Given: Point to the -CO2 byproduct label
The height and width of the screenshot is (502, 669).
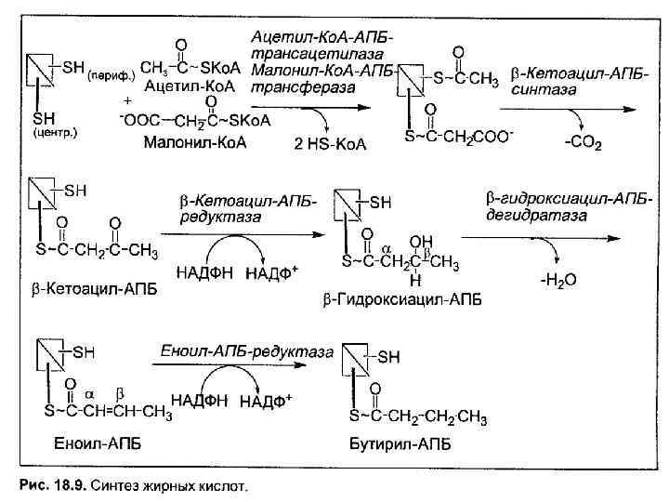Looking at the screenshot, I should (584, 143).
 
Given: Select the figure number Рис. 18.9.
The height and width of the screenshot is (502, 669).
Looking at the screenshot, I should (56, 484).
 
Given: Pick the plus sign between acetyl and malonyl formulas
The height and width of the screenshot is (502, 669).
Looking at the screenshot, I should (126, 100).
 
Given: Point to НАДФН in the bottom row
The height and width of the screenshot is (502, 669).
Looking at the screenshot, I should (201, 402).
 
